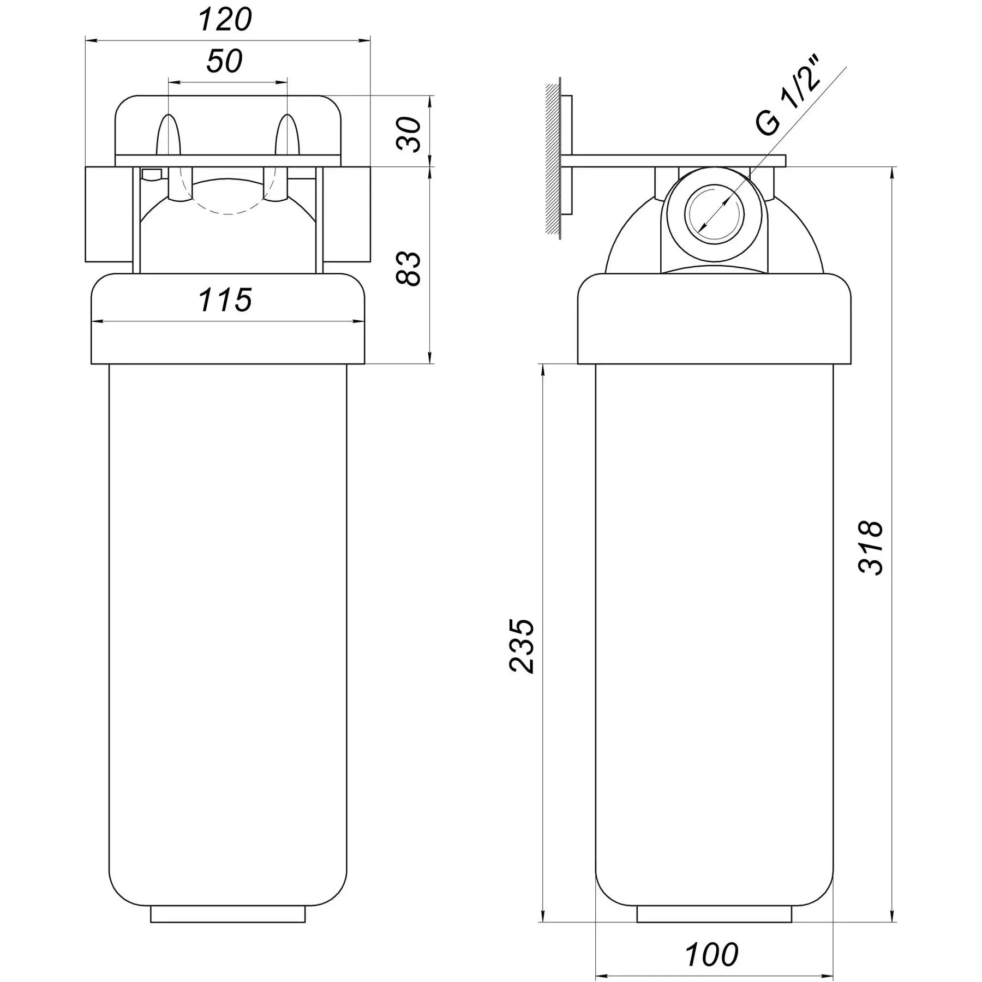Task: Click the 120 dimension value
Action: [x=225, y=20]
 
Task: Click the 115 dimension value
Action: [x=225, y=300]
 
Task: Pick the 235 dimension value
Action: [x=522, y=646]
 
